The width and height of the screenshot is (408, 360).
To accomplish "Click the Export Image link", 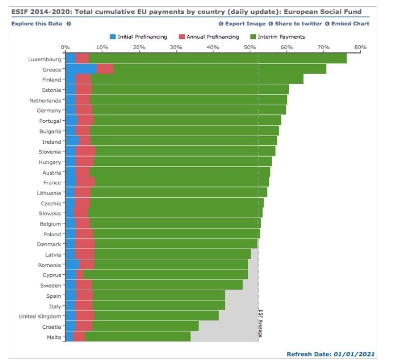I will pos(242,24).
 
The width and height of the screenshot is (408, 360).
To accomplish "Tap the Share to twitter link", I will pos(298,24).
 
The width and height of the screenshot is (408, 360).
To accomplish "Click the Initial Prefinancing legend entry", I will pos(139,37).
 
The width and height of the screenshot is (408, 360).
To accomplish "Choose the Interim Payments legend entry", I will pos(277,37).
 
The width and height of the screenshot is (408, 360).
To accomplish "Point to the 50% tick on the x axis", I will pos(250,47).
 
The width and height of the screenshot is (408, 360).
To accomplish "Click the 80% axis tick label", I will pos(360,47).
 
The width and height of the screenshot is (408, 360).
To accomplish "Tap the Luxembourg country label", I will pos(45,60).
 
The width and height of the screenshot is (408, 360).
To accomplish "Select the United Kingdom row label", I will pos(40,316).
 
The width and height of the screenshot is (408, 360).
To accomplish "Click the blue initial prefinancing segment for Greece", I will pos(81,69).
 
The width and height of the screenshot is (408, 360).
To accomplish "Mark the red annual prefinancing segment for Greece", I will pos(105,69).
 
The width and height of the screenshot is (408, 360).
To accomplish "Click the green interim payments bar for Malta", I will pos(138,337).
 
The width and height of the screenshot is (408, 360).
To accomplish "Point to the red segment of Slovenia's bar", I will pos(85,152).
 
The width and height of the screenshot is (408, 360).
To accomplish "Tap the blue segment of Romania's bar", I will pos(72,265).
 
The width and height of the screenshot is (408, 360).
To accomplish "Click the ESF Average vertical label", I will pos(260,324).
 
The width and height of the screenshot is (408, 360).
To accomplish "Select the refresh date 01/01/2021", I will pos(354,354).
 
